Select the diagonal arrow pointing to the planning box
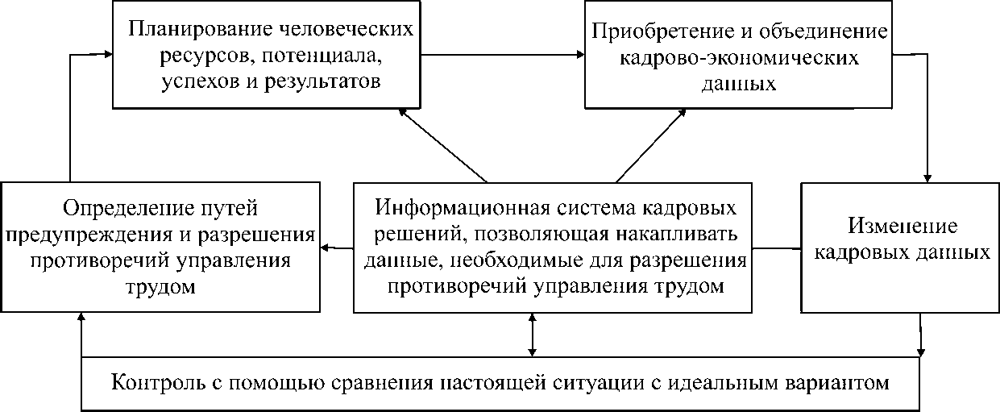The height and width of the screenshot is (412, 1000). [x=443, y=145]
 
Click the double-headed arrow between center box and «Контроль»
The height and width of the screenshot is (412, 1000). [x=532, y=335]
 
